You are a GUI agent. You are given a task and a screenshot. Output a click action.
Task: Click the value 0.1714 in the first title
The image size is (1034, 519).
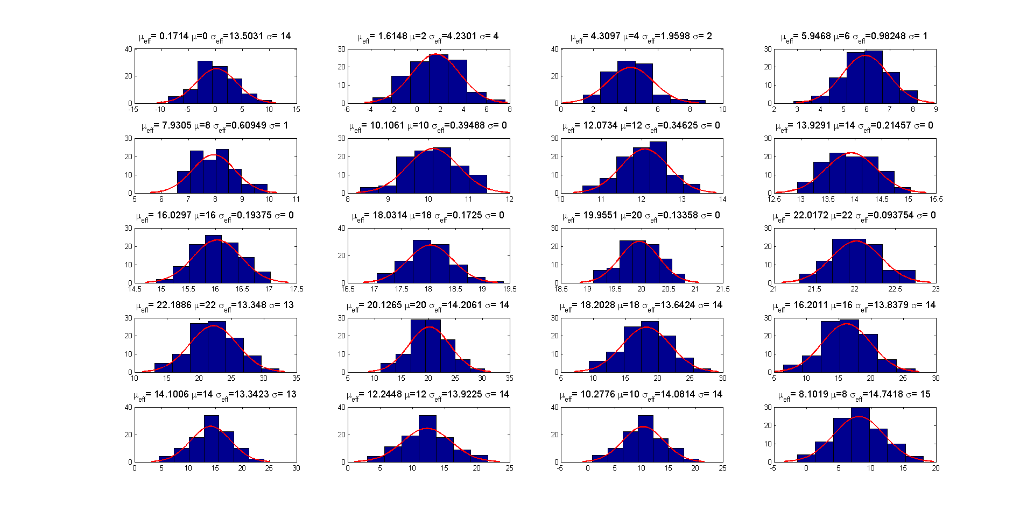[x=174, y=36]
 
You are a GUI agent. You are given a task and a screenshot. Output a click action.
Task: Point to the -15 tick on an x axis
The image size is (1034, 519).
[x=133, y=109]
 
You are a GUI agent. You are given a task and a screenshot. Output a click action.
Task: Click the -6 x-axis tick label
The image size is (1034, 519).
[x=347, y=109]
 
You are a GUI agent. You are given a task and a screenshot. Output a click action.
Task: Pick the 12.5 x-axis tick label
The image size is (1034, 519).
[x=774, y=199]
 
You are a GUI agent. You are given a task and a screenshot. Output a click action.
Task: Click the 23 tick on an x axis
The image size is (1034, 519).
[x=935, y=289]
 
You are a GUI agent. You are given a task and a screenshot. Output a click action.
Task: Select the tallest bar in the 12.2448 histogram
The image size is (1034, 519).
[x=427, y=438]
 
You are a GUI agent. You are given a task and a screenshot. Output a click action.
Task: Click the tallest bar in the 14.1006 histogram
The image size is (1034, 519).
[x=212, y=438]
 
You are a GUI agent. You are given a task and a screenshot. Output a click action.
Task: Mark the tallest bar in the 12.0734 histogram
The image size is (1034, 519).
[x=658, y=167]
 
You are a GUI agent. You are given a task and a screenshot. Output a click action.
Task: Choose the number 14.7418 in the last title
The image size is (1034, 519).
[x=887, y=394]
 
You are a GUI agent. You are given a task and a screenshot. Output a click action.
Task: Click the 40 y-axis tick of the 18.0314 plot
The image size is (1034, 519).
[x=341, y=228]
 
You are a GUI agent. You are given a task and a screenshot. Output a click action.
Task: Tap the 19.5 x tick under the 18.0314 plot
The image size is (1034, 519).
[x=509, y=289]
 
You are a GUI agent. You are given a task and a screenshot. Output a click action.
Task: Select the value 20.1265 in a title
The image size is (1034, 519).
[x=384, y=305]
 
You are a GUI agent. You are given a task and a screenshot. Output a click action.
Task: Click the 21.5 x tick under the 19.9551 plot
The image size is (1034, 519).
[x=722, y=289]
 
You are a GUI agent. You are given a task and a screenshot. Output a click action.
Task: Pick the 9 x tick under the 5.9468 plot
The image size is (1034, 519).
[x=936, y=109]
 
